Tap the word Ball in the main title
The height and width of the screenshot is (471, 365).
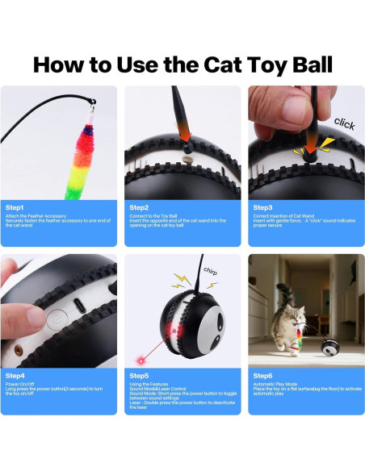coord(301,65)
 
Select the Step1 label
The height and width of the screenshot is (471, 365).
coord(15,207)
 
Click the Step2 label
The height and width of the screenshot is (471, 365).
coord(139,207)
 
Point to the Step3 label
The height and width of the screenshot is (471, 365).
coord(262,207)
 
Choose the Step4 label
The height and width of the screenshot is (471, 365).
coord(15,376)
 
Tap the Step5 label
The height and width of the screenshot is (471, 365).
coord(139,376)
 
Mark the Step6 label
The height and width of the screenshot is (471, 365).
coord(262,376)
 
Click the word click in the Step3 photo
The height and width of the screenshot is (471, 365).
coord(344,123)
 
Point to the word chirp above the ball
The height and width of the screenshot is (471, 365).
coord(209,272)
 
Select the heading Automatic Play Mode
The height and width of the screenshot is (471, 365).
coord(279,385)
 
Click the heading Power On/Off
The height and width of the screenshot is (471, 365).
coord(24,385)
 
